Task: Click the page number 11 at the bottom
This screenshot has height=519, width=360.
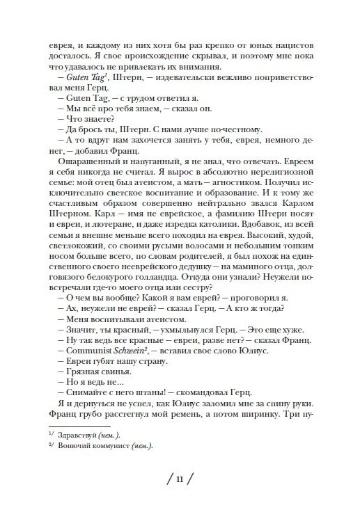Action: click(x=180, y=479)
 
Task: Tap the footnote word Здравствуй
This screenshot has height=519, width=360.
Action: click(x=79, y=433)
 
